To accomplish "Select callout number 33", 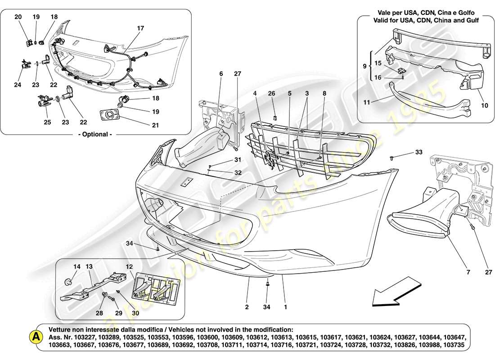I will [x=419, y=153].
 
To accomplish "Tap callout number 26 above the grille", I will [x=271, y=93].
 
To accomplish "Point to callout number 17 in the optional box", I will [x=140, y=28].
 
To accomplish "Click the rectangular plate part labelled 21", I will [x=109, y=115].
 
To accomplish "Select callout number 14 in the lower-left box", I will [x=77, y=267].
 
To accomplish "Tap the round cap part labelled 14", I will [x=69, y=282].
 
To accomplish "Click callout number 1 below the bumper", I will [x=285, y=308].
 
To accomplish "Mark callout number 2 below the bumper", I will [x=247, y=308].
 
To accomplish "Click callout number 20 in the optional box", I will [x=18, y=17].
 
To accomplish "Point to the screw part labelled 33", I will [x=392, y=158].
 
